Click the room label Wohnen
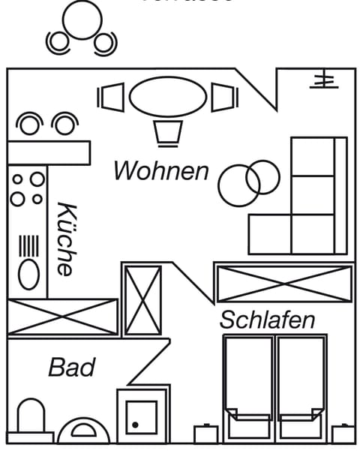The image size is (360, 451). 160,171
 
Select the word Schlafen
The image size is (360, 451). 267,320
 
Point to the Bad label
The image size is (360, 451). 72,368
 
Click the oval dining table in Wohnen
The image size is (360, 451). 168,97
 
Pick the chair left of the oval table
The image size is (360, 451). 111,97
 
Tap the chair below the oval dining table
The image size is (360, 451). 168,133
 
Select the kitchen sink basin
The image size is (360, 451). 28,274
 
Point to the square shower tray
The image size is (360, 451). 142,416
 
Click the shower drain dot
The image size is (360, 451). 135,425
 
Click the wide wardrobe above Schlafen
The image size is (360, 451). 283,283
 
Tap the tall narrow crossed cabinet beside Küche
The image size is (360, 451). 142,299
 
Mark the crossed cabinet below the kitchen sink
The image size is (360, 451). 63,317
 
